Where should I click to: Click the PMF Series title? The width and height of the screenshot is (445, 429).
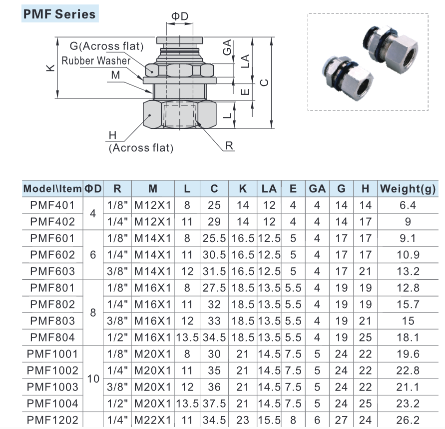click(59, 14)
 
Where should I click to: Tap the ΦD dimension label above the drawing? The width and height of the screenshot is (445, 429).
click(180, 16)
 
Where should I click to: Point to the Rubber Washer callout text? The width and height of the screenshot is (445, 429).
click(96, 61)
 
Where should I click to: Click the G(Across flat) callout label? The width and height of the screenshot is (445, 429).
click(107, 46)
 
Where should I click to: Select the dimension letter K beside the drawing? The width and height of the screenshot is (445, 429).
click(49, 68)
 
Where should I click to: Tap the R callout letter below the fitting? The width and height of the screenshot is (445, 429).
click(230, 145)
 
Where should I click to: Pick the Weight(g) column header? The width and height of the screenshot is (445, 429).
click(408, 189)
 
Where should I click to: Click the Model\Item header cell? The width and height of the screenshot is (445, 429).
click(52, 189)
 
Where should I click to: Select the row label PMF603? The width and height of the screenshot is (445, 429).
click(52, 271)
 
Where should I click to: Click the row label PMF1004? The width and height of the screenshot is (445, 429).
click(52, 403)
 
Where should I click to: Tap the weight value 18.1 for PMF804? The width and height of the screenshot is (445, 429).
click(408, 337)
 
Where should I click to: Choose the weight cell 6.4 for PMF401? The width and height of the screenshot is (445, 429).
click(408, 205)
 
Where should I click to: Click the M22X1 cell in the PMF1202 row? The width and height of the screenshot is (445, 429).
click(153, 420)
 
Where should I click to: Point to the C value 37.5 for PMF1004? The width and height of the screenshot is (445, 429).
click(214, 403)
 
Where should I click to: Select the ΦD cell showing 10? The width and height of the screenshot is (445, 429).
click(93, 378)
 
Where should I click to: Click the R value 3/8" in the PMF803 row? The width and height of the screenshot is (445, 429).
click(118, 320)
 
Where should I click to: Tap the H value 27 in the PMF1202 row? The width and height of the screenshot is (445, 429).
click(342, 420)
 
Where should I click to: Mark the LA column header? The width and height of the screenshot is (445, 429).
click(269, 189)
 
